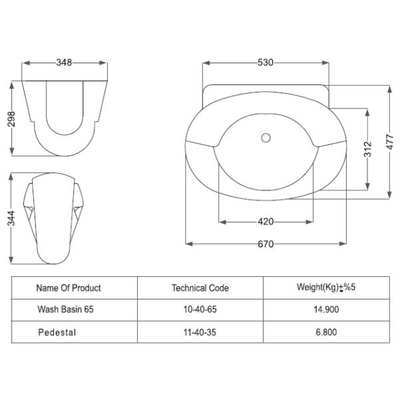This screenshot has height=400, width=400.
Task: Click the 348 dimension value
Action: point(64,63)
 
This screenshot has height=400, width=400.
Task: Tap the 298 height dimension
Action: point(11,119)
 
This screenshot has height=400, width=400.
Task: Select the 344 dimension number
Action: point(11,218)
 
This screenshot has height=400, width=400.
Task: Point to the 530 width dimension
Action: point(266,63)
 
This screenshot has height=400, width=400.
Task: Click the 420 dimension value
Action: point(266,222)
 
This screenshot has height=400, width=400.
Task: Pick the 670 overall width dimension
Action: point(266,244)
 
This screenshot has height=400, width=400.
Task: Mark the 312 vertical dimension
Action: point(367,149)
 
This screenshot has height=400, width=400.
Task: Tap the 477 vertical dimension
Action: point(389,142)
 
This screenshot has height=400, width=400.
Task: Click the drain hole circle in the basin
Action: point(266,138)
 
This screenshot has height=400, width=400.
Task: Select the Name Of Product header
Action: point(69,288)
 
